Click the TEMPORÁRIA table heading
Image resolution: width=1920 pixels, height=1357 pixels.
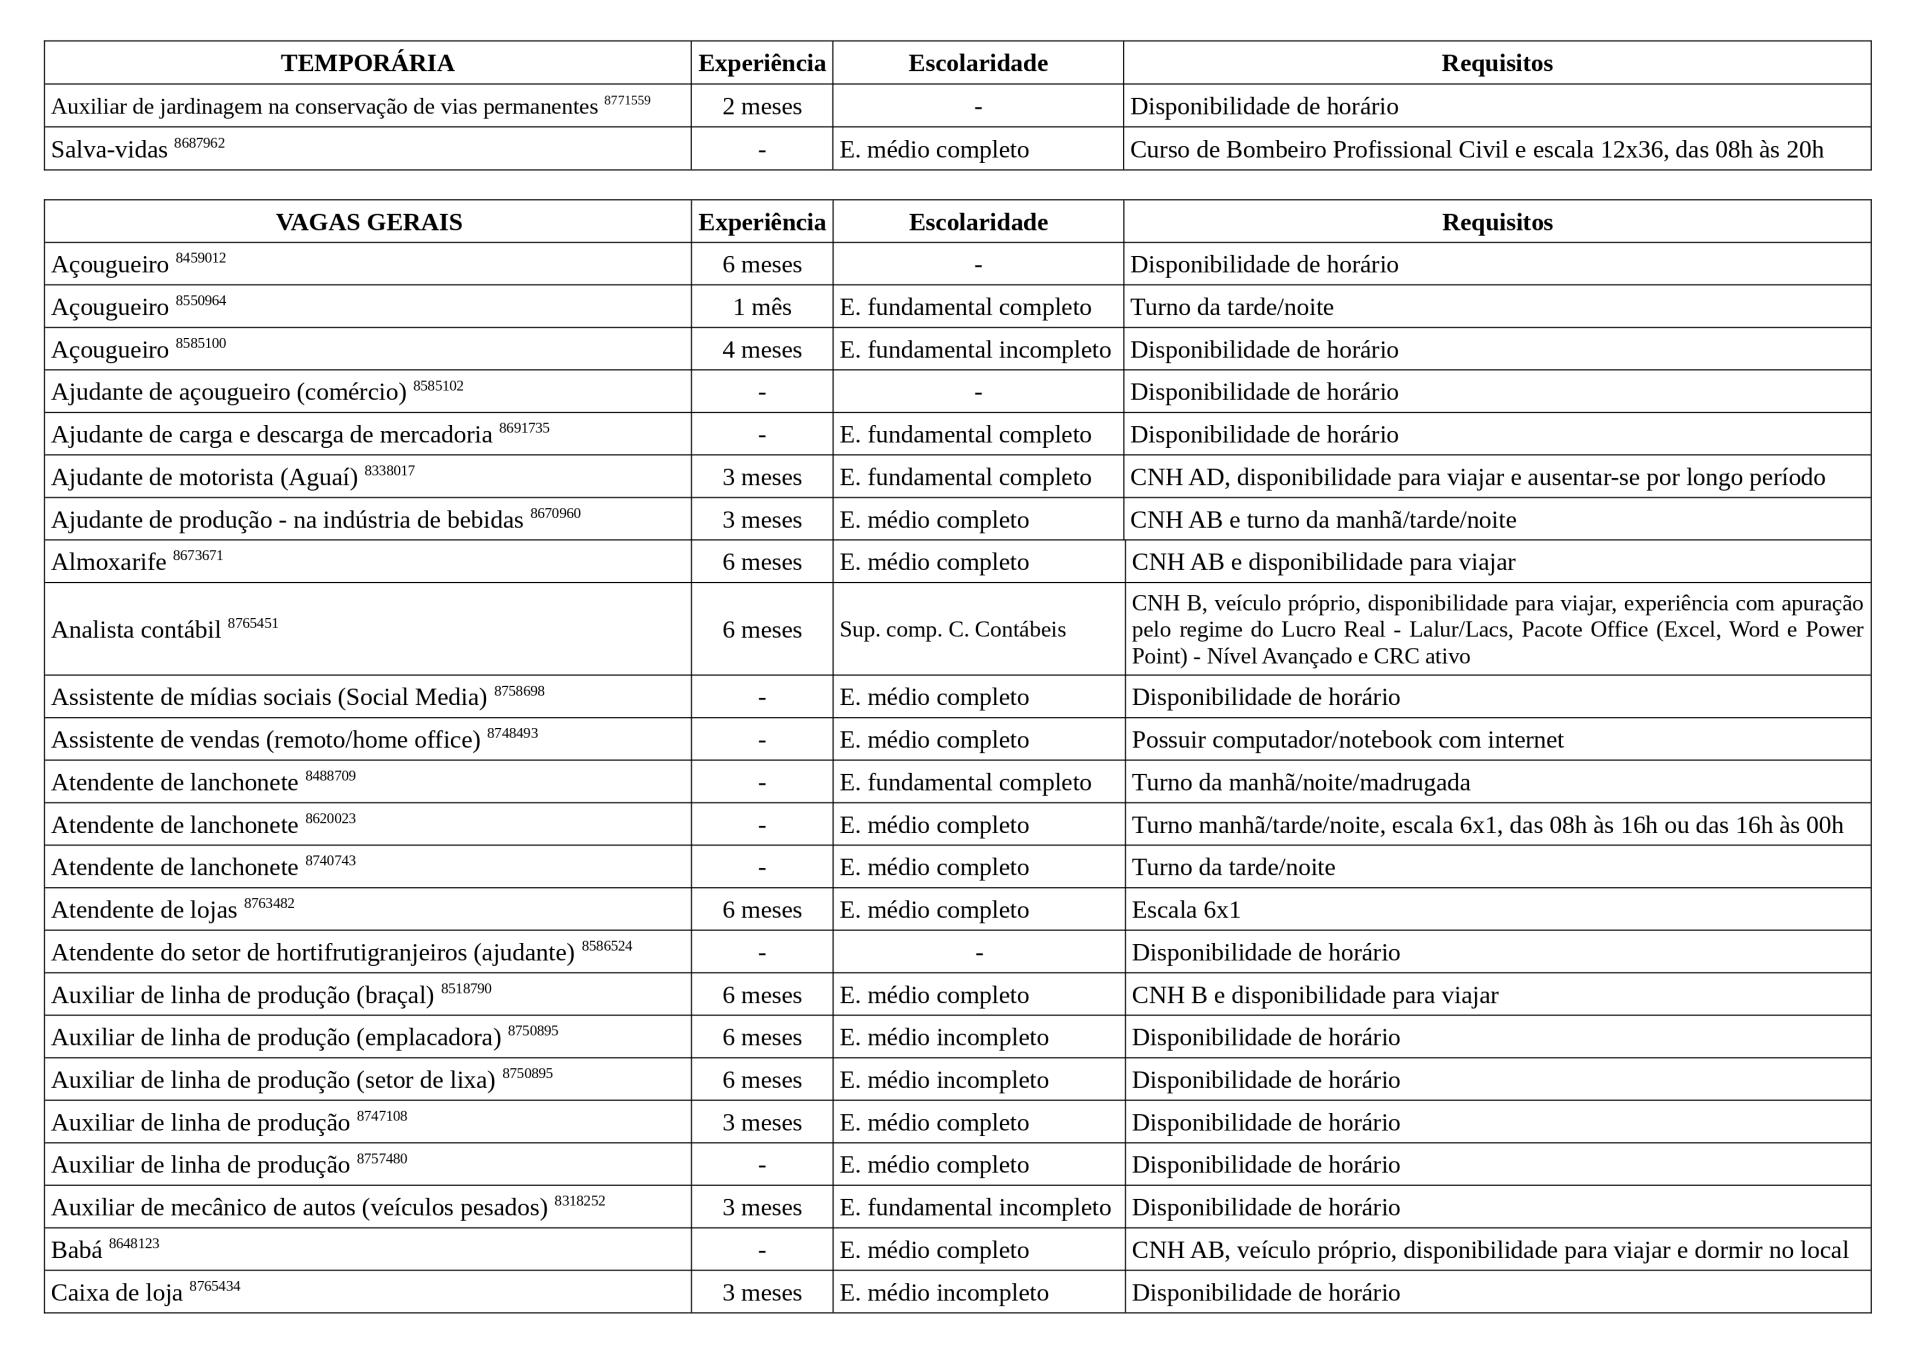pyautogui.click(x=367, y=63)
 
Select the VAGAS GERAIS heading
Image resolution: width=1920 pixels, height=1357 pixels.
pyautogui.click(x=368, y=222)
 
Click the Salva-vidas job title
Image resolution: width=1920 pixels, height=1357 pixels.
pyautogui.click(x=109, y=150)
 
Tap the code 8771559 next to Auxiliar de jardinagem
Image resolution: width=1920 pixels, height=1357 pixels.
pyautogui.click(x=627, y=100)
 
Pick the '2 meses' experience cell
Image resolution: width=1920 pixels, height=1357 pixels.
pyautogui.click(x=762, y=106)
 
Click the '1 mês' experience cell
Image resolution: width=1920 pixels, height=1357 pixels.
pyautogui.click(x=762, y=307)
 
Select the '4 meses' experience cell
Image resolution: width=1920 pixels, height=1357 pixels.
pyautogui.click(x=762, y=350)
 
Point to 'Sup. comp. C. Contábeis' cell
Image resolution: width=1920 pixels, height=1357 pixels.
pyautogui.click(x=952, y=629)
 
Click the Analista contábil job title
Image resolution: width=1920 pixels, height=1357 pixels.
pyautogui.click(x=136, y=630)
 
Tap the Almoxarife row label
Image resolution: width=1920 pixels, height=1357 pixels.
pyautogui.click(x=109, y=562)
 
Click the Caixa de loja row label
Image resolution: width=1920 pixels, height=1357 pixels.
pyautogui.click(x=117, y=1293)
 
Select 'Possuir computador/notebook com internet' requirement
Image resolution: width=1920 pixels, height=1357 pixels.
pyautogui.click(x=1347, y=740)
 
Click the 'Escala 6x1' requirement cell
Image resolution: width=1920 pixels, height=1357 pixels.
pyautogui.click(x=1186, y=910)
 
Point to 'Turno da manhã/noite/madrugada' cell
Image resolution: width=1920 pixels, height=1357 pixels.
pyautogui.click(x=1301, y=782)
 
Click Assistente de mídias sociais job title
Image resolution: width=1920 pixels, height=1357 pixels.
pyautogui.click(x=269, y=697)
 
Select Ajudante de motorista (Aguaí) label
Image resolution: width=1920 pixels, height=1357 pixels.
pyautogui.click(x=204, y=477)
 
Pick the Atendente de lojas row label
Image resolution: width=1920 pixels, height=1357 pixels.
pyautogui.click(x=144, y=910)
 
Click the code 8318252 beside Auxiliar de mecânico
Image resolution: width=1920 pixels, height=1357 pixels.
pyautogui.click(x=580, y=1201)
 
